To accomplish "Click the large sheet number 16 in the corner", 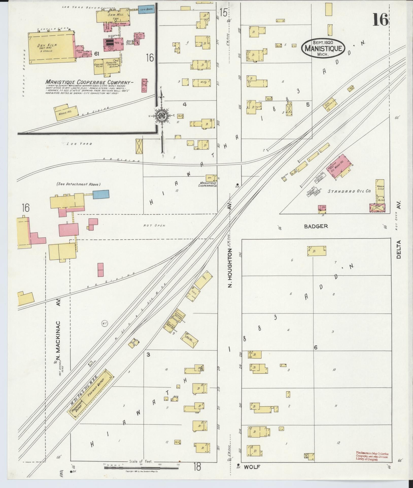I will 380,20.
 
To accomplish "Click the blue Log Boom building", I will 146,9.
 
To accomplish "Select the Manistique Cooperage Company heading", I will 89,82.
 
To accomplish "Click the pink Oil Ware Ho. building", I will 340,166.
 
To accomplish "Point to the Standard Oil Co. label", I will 349,191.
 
